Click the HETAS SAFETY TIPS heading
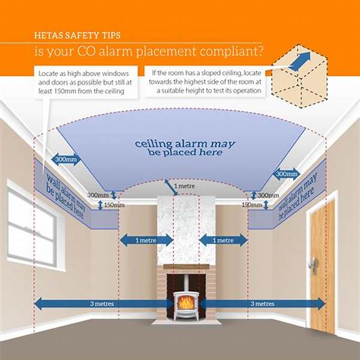coord(77,35)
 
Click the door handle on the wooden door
coord(313,265)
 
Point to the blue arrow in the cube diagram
coord(299,61)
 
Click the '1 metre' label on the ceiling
coord(184,186)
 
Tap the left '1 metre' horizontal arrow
coord(146,241)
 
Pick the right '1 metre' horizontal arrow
coord(223,241)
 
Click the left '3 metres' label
coord(102,304)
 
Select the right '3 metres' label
coord(262,304)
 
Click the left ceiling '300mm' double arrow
coord(66,160)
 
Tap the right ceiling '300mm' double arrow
coord(287,174)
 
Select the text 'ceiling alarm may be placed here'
coord(185,148)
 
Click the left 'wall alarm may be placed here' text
coord(65,196)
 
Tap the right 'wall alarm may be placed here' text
coord(298,196)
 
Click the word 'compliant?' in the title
coord(232,52)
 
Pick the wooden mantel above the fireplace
coord(187,266)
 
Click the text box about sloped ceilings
coord(205,82)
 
